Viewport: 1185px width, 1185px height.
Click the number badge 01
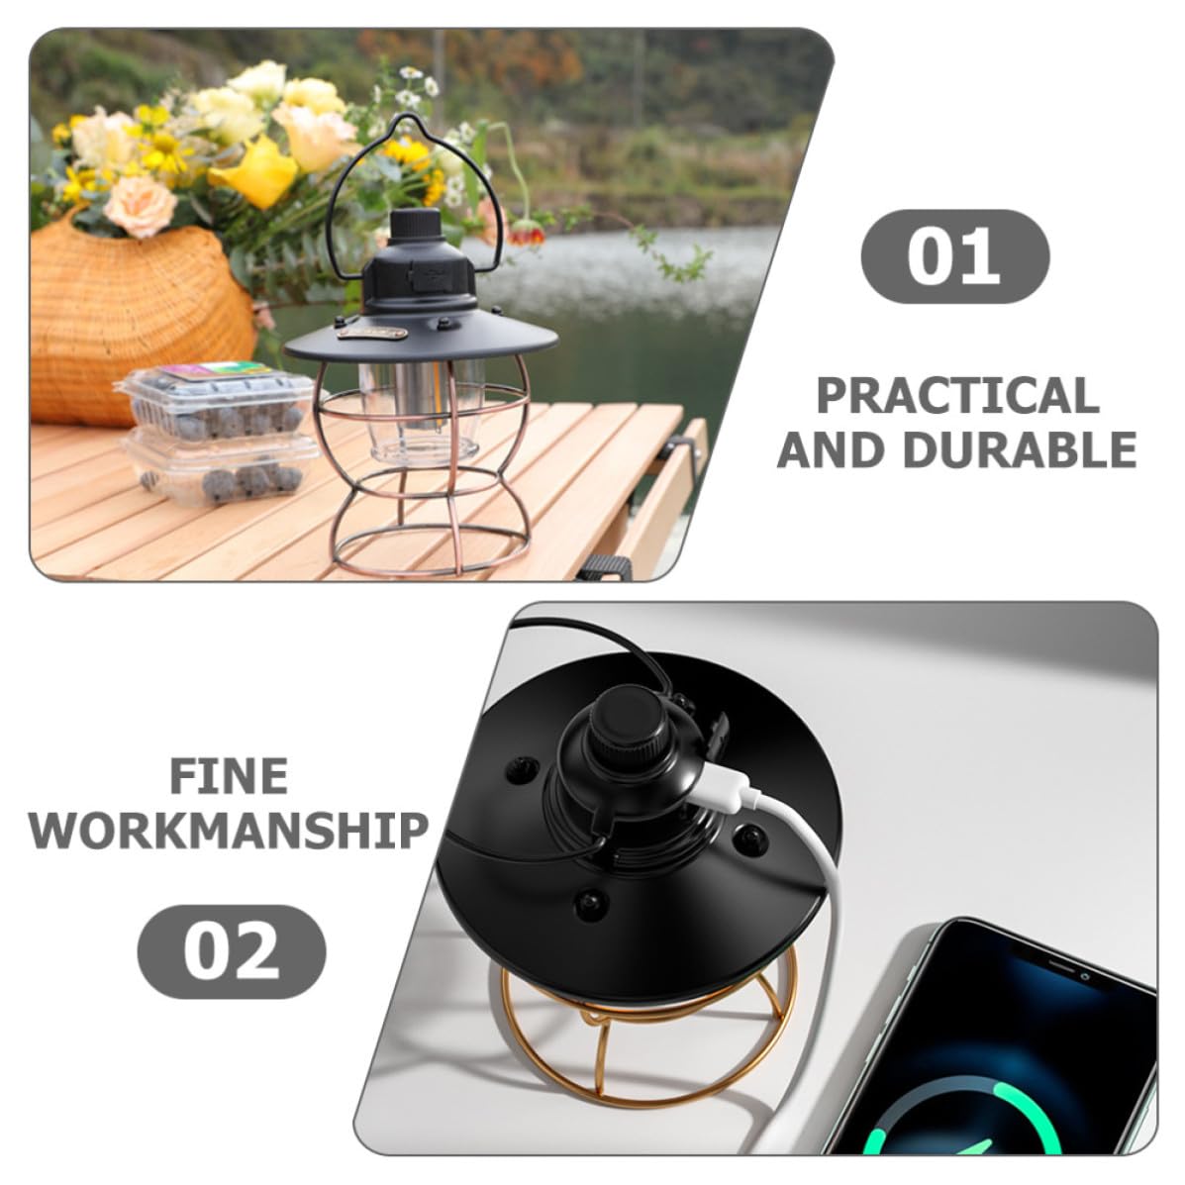coord(954,257)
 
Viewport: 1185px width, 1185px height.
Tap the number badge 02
coord(232,951)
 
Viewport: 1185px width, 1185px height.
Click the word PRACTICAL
coord(957,395)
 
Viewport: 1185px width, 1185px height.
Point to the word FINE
coord(229,776)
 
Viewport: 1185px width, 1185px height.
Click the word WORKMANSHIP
coord(229,831)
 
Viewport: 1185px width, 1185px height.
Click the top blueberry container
coord(216,401)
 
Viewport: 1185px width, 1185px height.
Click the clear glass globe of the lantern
coord(420,412)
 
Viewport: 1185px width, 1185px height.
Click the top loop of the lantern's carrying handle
coord(409,121)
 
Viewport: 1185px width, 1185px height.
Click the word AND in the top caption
coord(831,449)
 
